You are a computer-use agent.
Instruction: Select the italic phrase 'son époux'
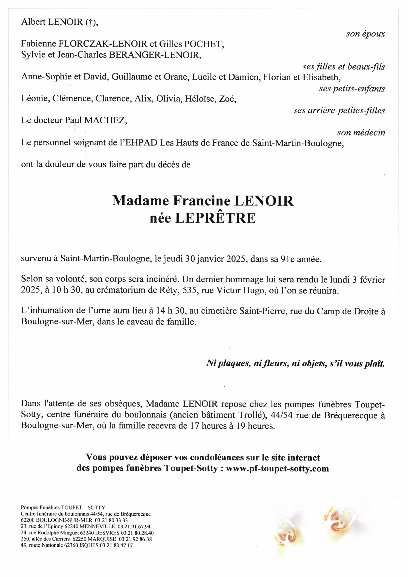[365, 34]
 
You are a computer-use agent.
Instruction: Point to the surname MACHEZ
[105, 120]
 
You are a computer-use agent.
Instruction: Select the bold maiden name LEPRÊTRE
[215, 218]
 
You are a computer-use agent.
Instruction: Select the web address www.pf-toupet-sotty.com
[277, 469]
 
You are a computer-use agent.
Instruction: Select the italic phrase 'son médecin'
[361, 133]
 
